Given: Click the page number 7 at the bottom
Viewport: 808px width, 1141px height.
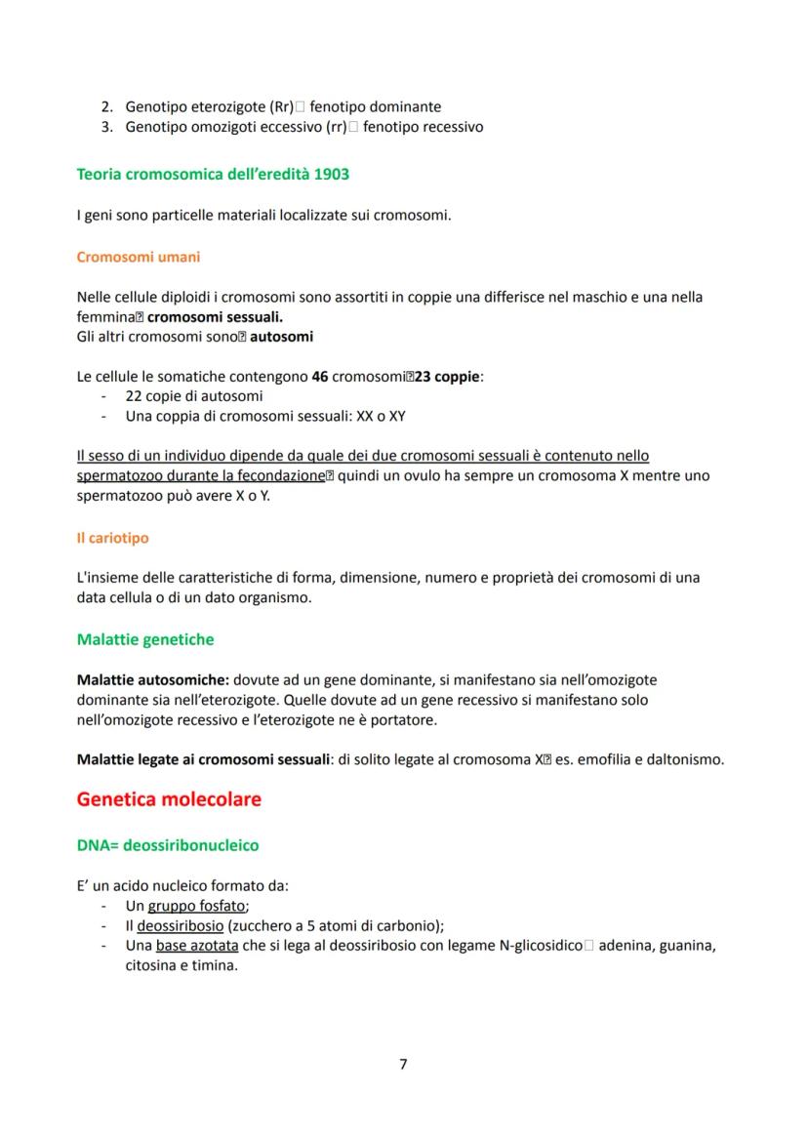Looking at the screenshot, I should [403, 1064].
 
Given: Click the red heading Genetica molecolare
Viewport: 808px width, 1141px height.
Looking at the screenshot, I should [169, 799].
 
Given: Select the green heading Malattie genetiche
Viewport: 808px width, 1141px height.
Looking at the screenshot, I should [144, 640].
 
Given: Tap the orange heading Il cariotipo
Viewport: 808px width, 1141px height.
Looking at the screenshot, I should [112, 538].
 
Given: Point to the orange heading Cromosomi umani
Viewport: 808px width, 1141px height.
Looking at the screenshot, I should [138, 258].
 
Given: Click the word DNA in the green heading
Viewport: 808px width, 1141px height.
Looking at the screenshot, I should [94, 844].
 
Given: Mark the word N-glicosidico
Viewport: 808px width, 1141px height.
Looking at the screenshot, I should [530, 946].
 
